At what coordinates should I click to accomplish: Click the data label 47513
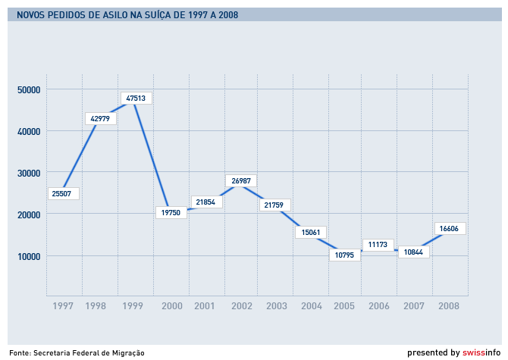(136, 98)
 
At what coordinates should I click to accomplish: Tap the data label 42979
(100, 118)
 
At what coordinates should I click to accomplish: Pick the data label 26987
(243, 181)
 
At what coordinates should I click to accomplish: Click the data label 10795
(345, 255)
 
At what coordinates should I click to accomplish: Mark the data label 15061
(311, 232)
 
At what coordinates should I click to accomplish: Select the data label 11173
(378, 244)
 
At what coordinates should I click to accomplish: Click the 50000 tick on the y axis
(29, 90)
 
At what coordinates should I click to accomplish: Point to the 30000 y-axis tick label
(29, 173)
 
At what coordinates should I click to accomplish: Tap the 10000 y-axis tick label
(29, 255)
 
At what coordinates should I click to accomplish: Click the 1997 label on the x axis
(64, 306)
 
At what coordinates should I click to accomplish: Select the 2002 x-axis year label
(242, 306)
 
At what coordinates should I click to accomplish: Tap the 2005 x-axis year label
(344, 306)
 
